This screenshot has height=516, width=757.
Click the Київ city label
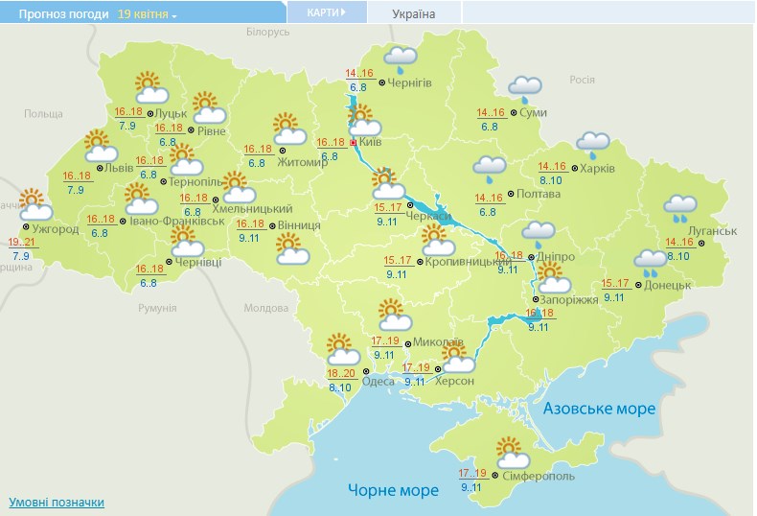[x=377, y=142]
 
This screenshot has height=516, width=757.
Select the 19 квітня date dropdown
[x=148, y=14]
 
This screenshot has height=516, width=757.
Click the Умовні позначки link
[x=57, y=503]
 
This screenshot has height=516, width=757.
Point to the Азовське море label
[x=599, y=410]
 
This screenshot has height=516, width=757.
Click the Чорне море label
[x=393, y=490]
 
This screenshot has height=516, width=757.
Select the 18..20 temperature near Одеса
[x=340, y=374]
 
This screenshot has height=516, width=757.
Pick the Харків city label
[x=597, y=169]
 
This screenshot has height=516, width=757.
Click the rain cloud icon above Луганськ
[x=681, y=206]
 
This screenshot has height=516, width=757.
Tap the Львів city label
[x=119, y=167]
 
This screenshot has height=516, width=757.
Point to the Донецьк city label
[x=668, y=285]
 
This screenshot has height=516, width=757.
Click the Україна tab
[x=414, y=14]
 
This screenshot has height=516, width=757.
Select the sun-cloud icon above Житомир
[x=287, y=127]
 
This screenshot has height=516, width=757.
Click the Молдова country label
[x=265, y=309]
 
